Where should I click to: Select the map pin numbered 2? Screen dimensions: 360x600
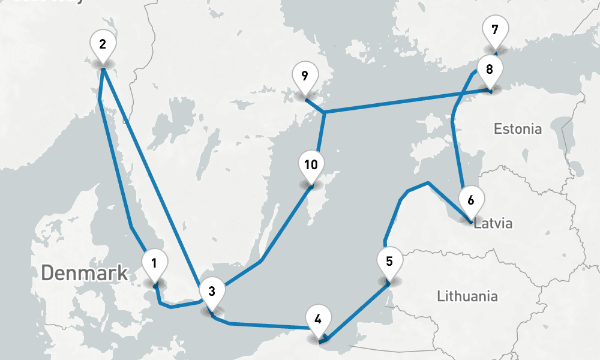(102, 44)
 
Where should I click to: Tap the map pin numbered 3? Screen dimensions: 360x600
(211, 292)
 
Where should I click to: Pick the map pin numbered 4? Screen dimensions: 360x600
(317, 319)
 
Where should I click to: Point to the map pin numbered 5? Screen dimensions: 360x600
(389, 262)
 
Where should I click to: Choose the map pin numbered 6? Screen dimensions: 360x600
(470, 200)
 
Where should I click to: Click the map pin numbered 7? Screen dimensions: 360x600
(494, 30)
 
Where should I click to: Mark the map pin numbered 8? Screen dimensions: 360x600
(490, 69)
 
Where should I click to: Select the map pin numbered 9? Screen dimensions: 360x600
(305, 76)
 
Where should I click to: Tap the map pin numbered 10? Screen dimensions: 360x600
(310, 164)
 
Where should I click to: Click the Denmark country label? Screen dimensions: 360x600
(85, 273)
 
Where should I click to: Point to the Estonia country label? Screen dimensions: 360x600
(517, 128)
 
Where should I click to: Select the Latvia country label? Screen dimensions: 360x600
(493, 224)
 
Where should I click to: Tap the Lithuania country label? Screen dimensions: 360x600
(467, 296)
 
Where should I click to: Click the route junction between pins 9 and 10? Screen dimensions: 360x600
(324, 112)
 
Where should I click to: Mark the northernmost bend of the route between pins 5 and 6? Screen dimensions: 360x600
(428, 182)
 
